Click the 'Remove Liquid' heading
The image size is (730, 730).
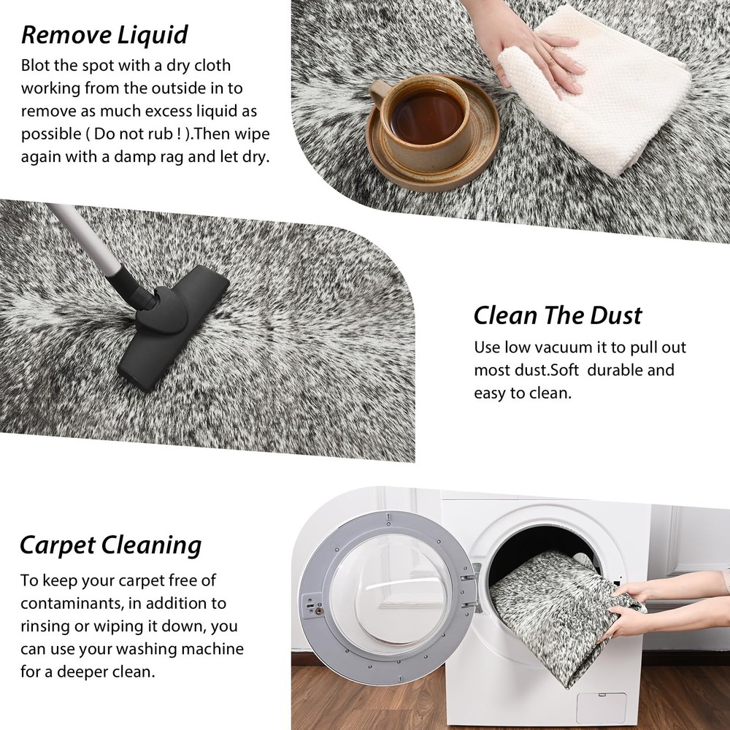(104, 35)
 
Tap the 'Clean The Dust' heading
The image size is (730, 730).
(558, 315)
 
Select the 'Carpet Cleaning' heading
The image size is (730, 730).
(110, 545)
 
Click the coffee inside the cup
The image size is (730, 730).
(426, 116)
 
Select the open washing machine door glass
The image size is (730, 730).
(389, 589)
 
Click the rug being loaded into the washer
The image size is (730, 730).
(558, 615)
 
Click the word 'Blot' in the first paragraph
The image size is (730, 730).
(35, 65)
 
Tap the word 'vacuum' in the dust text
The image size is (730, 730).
(564, 347)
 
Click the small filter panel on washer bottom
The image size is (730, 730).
(602, 707)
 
